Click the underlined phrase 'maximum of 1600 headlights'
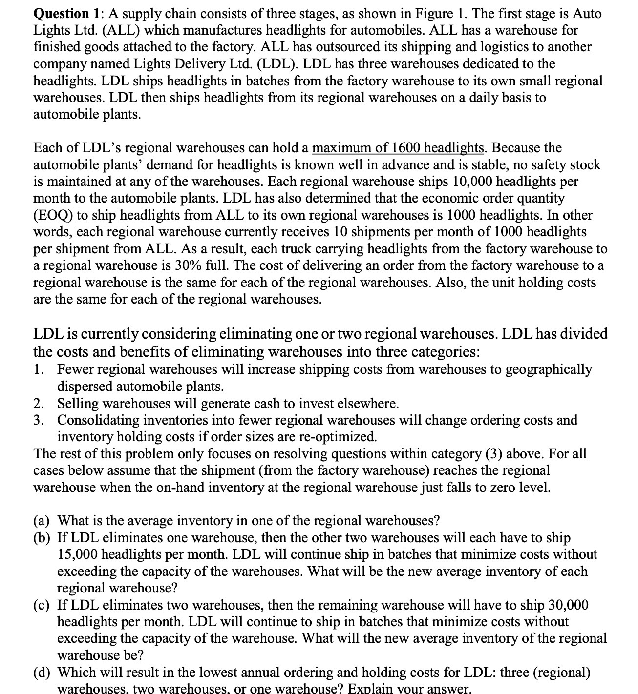pos(398,148)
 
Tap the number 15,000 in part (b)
pos(78,555)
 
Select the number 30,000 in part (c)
pos(569,605)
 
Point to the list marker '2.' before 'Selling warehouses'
pos(40,404)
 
